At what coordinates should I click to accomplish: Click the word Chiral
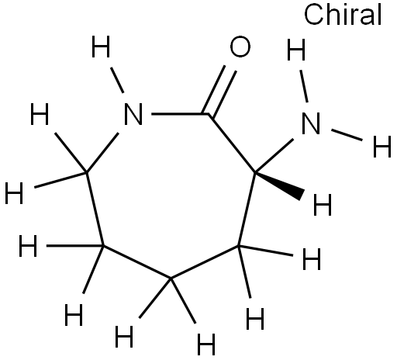(x=343, y=15)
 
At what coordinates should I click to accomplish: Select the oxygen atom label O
(x=240, y=47)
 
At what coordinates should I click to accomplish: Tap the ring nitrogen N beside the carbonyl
(x=133, y=114)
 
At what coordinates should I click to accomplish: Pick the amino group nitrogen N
(x=311, y=123)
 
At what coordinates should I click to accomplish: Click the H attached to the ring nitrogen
(x=101, y=47)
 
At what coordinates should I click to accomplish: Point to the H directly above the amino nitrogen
(x=296, y=50)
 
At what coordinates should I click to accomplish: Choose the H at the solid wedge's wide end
(x=323, y=205)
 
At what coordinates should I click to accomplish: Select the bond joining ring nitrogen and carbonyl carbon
(x=180, y=114)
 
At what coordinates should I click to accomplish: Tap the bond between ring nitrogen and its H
(x=117, y=80)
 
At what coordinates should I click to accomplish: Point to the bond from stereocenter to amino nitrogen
(x=274, y=156)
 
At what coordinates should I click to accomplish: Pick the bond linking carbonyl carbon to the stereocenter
(x=232, y=143)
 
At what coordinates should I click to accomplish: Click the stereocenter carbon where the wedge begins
(x=255, y=172)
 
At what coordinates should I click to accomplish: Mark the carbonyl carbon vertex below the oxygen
(x=209, y=114)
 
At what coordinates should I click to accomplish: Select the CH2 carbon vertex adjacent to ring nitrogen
(x=87, y=172)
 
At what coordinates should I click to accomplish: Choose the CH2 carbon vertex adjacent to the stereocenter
(x=239, y=246)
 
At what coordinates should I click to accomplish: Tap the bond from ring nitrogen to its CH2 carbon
(x=103, y=153)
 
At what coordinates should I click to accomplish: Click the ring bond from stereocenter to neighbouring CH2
(x=247, y=209)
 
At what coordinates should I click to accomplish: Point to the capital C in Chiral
(x=313, y=15)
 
